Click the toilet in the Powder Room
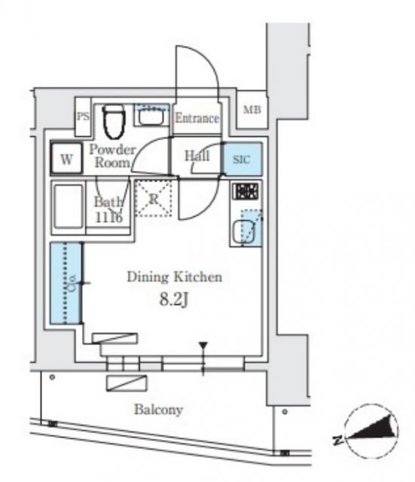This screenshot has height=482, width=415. (x=114, y=121)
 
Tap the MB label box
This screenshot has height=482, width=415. (x=252, y=110)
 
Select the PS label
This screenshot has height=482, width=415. (x=83, y=117)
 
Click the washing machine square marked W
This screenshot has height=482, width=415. (x=67, y=159)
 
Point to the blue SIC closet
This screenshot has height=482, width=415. (x=243, y=159)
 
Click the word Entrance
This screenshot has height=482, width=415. (x=197, y=118)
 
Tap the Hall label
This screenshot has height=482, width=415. (x=197, y=156)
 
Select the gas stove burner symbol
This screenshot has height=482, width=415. (x=245, y=191)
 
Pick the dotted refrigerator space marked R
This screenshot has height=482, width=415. (x=154, y=199)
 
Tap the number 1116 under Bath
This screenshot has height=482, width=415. (x=108, y=218)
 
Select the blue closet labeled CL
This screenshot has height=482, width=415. (x=66, y=283)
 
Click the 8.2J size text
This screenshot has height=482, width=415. (x=173, y=299)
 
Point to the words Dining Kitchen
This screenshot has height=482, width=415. (x=174, y=277)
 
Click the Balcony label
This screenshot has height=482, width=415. (x=159, y=410)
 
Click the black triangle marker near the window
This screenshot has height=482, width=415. (x=203, y=345)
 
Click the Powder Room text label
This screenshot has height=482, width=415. (x=112, y=156)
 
